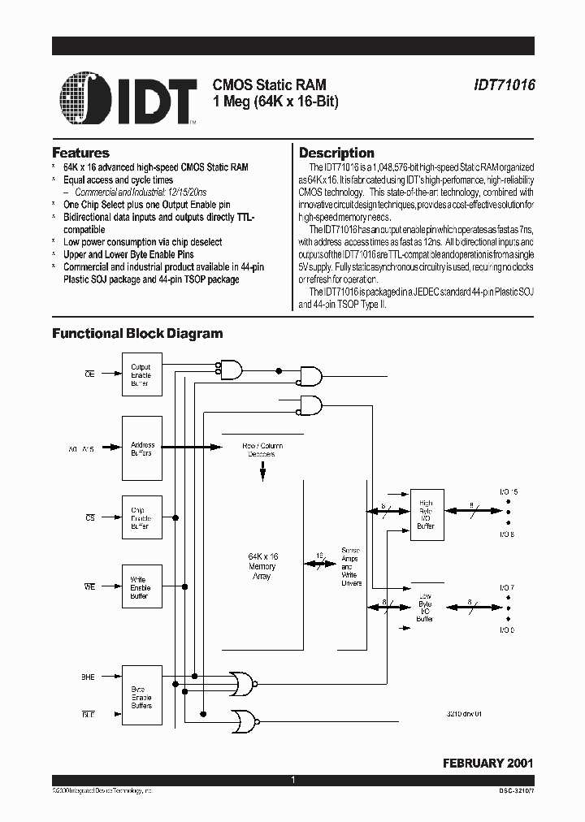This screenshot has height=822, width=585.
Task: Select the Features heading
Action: click(80, 153)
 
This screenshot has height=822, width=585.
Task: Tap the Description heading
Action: click(336, 153)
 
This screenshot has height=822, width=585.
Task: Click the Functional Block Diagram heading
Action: click(137, 333)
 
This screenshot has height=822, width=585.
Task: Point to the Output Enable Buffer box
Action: click(141, 374)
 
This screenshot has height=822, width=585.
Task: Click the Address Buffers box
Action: click(141, 449)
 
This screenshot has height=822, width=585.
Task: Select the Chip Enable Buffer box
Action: click(141, 517)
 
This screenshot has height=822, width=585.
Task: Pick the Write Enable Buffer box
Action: click(141, 587)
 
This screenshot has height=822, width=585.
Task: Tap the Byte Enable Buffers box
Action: click(141, 697)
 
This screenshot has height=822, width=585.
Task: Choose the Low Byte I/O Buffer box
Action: click(426, 608)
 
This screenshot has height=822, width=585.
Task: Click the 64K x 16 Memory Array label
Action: click(262, 565)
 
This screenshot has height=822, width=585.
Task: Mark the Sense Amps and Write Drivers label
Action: click(350, 567)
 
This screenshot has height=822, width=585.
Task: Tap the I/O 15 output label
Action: click(508, 492)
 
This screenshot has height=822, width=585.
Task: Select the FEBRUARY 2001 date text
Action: click(487, 764)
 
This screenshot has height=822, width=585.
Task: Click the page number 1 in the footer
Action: click(292, 780)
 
